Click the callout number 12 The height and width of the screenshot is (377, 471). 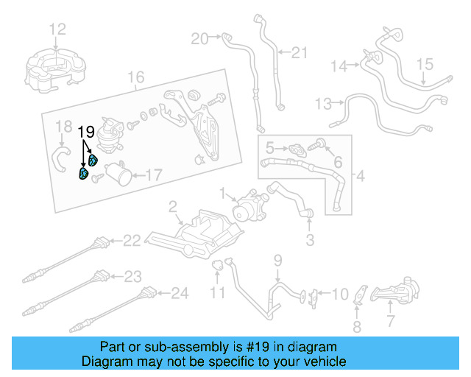[57, 29]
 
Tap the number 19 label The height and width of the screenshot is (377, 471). [87, 132]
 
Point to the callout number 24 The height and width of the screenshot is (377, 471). [180, 294]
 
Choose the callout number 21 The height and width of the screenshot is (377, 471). [298, 52]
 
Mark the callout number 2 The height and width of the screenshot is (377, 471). [172, 205]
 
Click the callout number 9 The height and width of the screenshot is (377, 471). [278, 259]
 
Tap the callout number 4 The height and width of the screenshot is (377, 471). [360, 177]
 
